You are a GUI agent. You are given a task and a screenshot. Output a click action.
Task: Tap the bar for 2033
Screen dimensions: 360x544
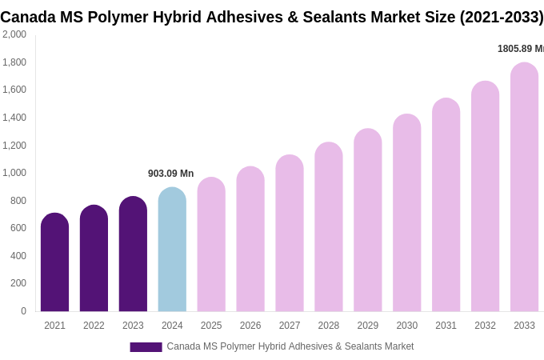pos(524,187)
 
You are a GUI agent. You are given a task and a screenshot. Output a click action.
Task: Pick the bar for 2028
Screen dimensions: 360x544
pos(329,227)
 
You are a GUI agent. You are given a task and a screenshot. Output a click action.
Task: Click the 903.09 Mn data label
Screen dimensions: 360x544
pos(170,174)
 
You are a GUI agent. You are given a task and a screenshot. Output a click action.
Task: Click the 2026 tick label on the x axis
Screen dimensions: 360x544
pos(250,326)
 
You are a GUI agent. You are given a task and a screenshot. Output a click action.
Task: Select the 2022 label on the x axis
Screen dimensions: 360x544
pos(94,326)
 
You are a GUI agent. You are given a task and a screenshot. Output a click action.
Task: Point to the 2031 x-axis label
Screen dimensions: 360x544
pos(446,326)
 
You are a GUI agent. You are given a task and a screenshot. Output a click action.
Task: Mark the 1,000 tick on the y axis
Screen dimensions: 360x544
pos(14,173)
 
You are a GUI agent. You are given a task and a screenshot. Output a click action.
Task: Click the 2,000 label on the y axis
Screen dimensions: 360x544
pos(14,34)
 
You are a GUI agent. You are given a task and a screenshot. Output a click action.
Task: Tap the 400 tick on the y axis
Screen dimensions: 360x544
pos(18,256)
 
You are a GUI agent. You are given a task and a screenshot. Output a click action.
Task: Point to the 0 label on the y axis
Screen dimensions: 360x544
pos(23,311)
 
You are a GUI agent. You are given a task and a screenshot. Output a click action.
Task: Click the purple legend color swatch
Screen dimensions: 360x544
pos(146,347)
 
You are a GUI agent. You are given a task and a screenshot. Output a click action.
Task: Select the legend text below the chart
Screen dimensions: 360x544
pos(290,346)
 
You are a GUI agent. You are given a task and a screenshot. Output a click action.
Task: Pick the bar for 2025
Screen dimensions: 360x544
pos(211,245)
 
